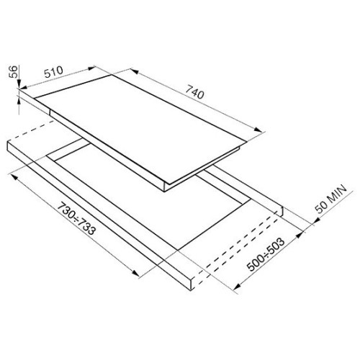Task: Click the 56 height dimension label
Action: [14, 71]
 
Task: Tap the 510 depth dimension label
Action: [54, 71]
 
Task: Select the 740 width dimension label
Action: [194, 92]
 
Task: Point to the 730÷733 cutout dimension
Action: [77, 219]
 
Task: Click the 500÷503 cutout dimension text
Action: [266, 254]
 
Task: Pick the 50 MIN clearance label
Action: [331, 199]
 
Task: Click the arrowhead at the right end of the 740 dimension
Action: [258, 130]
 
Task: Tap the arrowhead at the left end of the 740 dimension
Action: [135, 71]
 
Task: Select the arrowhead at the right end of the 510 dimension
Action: [91, 68]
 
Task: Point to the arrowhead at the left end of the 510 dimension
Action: [24, 87]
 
